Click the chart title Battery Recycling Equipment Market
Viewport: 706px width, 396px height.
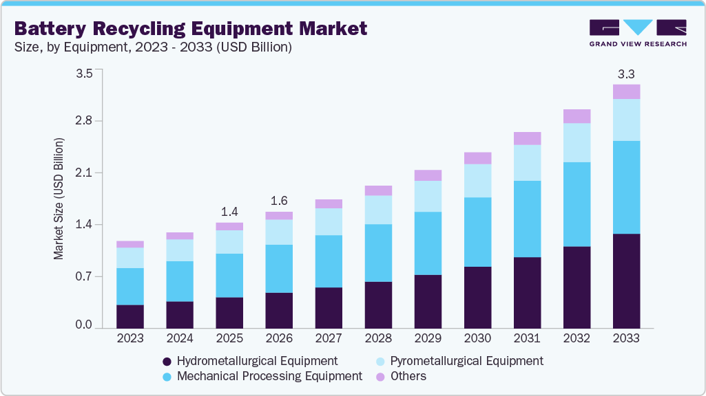[x=191, y=28]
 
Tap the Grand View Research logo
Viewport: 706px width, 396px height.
[x=637, y=32]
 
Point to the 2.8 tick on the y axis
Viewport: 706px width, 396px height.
[x=83, y=121]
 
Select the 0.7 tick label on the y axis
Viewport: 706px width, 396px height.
[x=83, y=276]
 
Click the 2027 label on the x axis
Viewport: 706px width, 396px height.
[x=329, y=338]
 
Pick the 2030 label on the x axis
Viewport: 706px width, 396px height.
[x=477, y=338]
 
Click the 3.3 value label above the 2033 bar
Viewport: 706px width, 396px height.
[x=626, y=74]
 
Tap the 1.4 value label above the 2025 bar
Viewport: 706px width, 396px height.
[x=229, y=211]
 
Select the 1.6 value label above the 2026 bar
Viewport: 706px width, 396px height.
[x=279, y=201]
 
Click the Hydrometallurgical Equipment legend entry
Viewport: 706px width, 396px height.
[x=257, y=361]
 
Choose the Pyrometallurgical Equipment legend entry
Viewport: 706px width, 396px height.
[x=466, y=361]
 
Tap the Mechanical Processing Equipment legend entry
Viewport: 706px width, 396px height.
[x=269, y=376]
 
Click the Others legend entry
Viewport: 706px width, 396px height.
[x=408, y=376]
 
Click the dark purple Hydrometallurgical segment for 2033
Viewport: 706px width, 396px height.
[x=626, y=280]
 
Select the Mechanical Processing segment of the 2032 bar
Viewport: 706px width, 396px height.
[x=577, y=204]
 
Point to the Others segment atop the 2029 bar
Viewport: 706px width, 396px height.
[x=428, y=175]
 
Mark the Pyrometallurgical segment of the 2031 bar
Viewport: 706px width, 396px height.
[x=527, y=163]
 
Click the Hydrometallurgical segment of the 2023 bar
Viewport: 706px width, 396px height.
[x=130, y=316]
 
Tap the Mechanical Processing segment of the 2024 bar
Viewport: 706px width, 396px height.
[x=180, y=281]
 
